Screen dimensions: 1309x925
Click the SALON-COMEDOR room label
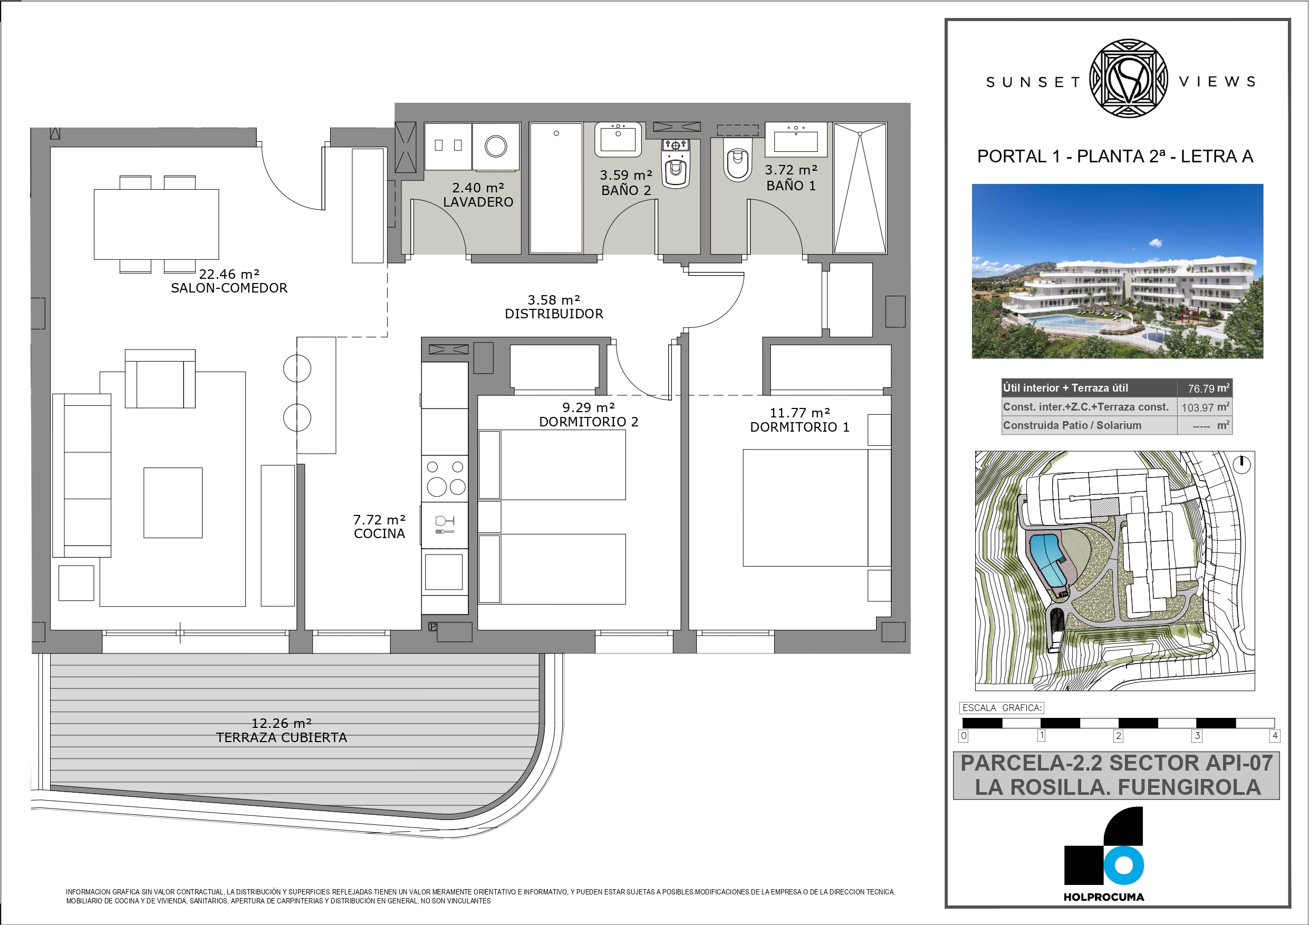pyautogui.click(x=229, y=288)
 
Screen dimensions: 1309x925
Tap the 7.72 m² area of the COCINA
pyautogui.click(x=379, y=520)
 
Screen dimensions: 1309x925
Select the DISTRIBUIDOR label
pyautogui.click(x=554, y=314)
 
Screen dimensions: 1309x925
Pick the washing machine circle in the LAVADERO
pyautogui.click(x=495, y=147)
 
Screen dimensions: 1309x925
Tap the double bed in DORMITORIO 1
pyautogui.click(x=816, y=507)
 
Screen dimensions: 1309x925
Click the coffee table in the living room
pyautogui.click(x=173, y=503)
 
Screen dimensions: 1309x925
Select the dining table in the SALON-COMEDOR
pyautogui.click(x=156, y=224)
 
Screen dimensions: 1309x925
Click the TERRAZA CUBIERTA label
pyautogui.click(x=282, y=737)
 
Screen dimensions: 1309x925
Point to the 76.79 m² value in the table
pyautogui.click(x=1208, y=388)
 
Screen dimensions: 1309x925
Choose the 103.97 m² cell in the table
pyautogui.click(x=1205, y=407)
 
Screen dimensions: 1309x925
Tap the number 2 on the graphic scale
pyautogui.click(x=1119, y=736)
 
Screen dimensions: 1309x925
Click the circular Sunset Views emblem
pyautogui.click(x=1128, y=79)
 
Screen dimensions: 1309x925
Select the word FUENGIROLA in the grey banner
pyautogui.click(x=1189, y=787)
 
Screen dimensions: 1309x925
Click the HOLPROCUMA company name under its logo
pyautogui.click(x=1104, y=897)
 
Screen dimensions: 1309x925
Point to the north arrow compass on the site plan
pyautogui.click(x=1241, y=464)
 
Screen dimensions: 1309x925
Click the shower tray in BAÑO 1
pyautogui.click(x=860, y=188)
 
